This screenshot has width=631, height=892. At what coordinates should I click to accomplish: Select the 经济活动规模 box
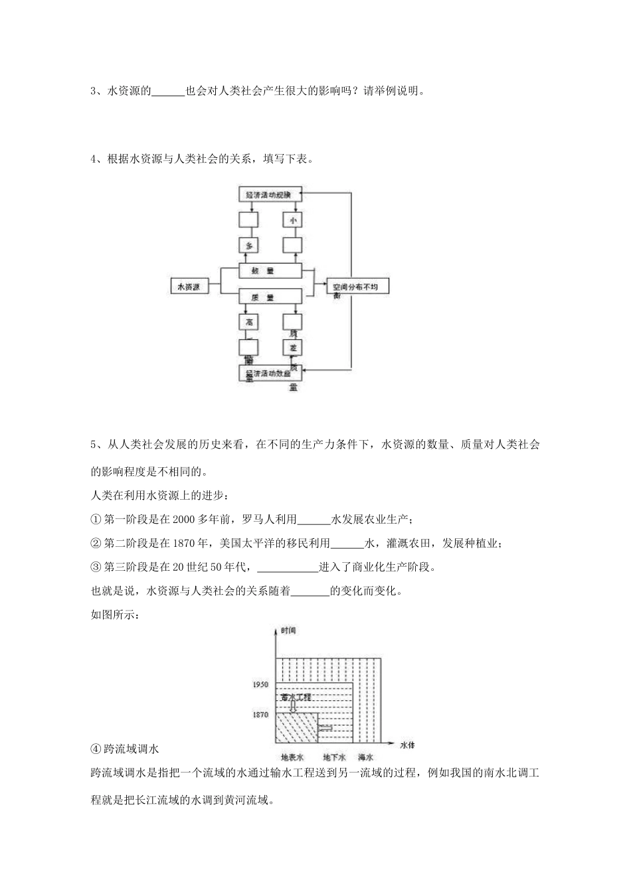pos(270,194)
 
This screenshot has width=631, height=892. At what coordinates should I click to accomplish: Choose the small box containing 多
pos(249,246)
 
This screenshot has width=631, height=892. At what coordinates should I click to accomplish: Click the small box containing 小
pos(292,220)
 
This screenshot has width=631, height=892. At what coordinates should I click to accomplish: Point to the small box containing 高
pos(249,322)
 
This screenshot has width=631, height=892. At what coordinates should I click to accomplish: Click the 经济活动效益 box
pos(270,373)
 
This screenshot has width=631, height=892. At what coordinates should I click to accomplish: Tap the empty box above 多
pos(249,220)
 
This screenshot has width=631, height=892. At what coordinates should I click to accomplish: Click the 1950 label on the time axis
pos(260,684)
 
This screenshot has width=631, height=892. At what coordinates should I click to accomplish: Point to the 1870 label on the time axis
pos(260,715)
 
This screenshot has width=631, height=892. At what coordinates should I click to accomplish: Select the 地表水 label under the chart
pos(292,757)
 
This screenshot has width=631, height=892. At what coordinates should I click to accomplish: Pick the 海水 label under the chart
pos(366,757)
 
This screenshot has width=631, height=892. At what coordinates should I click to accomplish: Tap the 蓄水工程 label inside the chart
pos(296,698)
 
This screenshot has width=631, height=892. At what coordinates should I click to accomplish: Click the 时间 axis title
pos(288,630)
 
